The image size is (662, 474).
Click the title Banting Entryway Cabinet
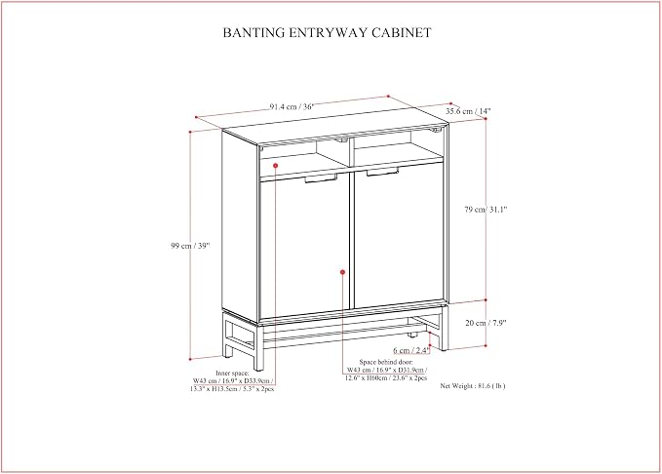pyautogui.click(x=328, y=32)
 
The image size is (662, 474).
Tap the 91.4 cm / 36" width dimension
pyautogui.click(x=292, y=106)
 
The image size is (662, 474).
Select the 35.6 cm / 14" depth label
pyautogui.click(x=469, y=111)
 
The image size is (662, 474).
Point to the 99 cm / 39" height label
pyautogui.click(x=190, y=246)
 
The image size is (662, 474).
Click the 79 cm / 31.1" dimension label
pyautogui.click(x=486, y=209)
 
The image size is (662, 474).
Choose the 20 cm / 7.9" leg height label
pyautogui.click(x=486, y=323)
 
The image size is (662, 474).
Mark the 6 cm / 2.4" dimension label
pyautogui.click(x=410, y=350)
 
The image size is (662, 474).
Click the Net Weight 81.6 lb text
pyautogui.click(x=473, y=385)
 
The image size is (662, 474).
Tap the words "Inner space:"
pyautogui.click(x=232, y=373)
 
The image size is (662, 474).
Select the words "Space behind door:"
pyautogui.click(x=386, y=362)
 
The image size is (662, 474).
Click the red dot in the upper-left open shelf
pyautogui.click(x=275, y=165)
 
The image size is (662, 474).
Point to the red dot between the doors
pyautogui.click(x=342, y=272)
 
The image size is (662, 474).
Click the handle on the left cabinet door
pyautogui.click(x=321, y=178)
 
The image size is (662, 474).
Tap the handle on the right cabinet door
pyautogui.click(x=382, y=172)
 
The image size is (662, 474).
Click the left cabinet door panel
pyautogui.click(x=304, y=247)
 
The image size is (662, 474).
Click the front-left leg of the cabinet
pyautogui.click(x=258, y=347)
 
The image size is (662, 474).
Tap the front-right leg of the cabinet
pyautogui.click(x=444, y=329)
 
